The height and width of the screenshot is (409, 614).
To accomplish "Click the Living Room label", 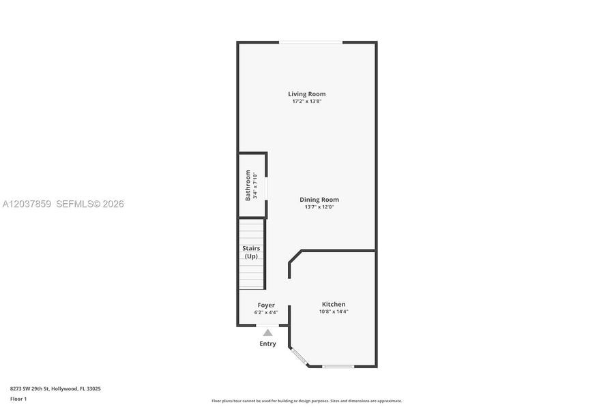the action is [x=306, y=94].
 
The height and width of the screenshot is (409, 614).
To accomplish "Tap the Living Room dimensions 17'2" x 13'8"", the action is [x=307, y=102].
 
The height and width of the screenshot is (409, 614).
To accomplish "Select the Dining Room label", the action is [x=319, y=200].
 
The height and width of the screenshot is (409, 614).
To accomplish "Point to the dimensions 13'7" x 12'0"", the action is [x=319, y=207].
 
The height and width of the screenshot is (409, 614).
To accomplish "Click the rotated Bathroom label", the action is [x=248, y=185].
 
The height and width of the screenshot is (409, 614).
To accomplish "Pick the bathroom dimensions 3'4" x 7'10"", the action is [x=255, y=185].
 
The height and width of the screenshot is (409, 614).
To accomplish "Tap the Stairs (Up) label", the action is [x=251, y=252].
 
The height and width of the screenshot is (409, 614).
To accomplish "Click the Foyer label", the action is [x=266, y=305].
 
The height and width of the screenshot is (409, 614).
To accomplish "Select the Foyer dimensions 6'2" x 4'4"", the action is [x=266, y=312].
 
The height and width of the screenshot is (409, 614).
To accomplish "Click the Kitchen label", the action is [x=334, y=304].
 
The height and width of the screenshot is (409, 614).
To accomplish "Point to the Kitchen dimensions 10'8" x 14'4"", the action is [x=334, y=312].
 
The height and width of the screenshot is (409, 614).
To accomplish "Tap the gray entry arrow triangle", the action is [x=268, y=333].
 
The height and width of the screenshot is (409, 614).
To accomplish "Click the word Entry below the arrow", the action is [x=268, y=344].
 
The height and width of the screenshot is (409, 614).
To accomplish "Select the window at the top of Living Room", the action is [x=311, y=42].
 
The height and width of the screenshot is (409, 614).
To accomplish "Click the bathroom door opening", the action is [x=266, y=190].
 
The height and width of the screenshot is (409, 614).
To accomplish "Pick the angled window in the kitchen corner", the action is [x=299, y=357].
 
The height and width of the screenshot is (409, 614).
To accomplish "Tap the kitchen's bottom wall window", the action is [x=338, y=367].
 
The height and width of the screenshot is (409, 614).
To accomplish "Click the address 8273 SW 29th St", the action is [x=30, y=389].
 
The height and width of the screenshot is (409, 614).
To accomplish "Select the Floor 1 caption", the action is [x=18, y=399].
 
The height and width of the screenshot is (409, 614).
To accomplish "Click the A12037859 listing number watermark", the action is [x=27, y=204].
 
